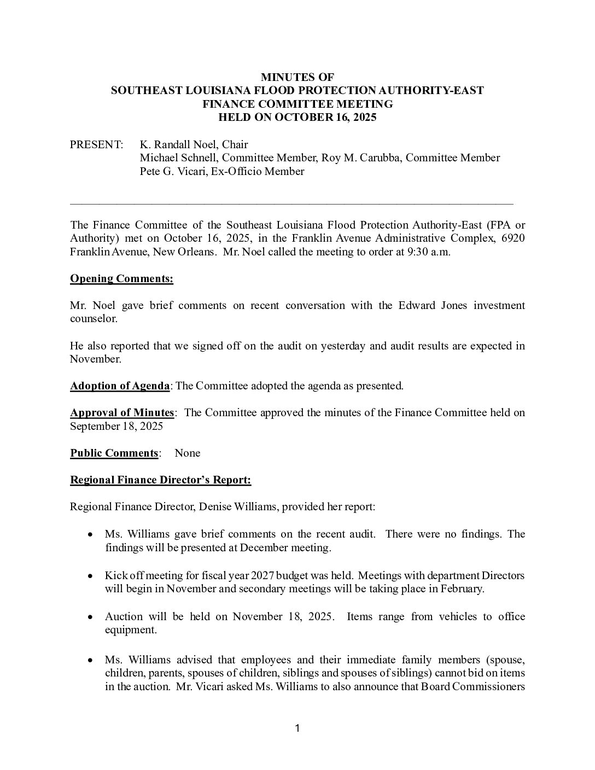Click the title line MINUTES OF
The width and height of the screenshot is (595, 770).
click(x=297, y=77)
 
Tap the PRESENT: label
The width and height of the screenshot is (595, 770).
click(x=96, y=144)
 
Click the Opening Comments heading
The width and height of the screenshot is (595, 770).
click(x=121, y=279)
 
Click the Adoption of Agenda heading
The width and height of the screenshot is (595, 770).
click(x=120, y=386)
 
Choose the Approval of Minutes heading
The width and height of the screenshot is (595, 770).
click(x=122, y=412)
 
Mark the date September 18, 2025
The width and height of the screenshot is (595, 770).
click(x=116, y=426)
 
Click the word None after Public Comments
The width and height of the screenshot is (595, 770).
click(x=188, y=453)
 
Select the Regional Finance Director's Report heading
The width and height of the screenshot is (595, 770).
click(x=161, y=480)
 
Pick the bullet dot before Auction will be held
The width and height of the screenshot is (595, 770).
click(x=91, y=617)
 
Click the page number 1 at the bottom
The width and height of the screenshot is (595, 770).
click(x=297, y=728)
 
